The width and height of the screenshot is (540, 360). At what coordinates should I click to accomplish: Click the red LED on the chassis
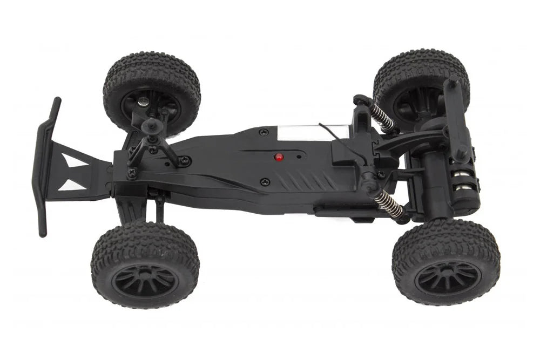point(279,158)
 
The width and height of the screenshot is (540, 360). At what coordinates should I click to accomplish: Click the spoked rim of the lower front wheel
point(145,280)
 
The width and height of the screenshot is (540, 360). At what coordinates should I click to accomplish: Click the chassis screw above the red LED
point(263,132)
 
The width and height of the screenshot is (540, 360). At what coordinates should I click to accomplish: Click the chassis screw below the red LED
point(264,182)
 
